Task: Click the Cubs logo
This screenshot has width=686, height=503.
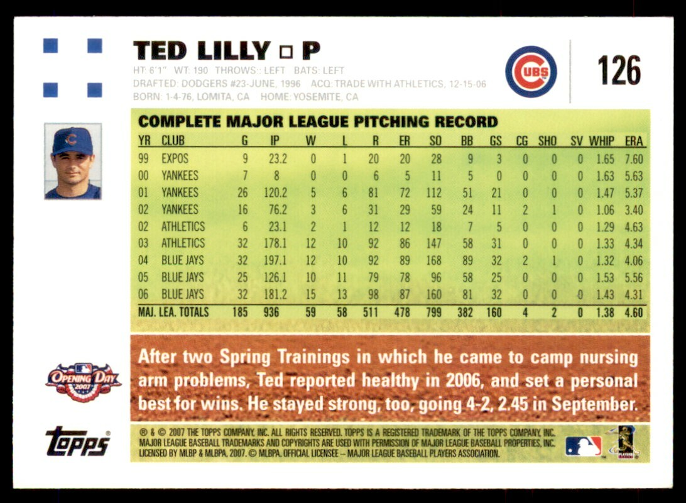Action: tap(531, 72)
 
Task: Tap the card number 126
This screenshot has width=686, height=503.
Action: tap(619, 70)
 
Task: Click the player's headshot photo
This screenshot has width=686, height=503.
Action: tap(73, 161)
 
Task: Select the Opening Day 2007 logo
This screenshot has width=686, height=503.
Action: tap(83, 382)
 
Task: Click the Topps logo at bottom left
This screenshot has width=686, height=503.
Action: tap(78, 442)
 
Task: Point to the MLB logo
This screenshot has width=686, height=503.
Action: tap(583, 446)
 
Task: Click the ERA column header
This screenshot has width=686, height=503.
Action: tap(634, 141)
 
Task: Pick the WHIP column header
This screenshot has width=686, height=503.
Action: tap(605, 141)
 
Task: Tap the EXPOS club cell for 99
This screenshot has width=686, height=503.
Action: tap(175, 159)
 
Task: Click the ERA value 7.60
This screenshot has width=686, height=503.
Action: tap(634, 159)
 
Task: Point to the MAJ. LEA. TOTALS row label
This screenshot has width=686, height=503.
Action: tap(173, 311)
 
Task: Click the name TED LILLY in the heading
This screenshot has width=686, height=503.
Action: tap(202, 50)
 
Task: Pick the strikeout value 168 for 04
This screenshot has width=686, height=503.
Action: tap(433, 260)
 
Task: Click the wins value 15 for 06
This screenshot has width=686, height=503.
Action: tap(310, 294)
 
